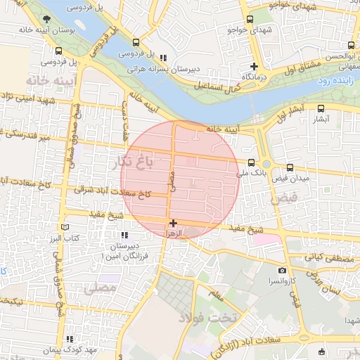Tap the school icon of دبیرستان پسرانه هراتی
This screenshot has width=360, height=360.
(x=163, y=58)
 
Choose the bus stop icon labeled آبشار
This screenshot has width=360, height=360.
(x=321, y=108)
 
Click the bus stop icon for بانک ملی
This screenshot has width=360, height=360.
(x=252, y=162)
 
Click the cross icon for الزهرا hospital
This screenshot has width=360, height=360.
(x=174, y=223)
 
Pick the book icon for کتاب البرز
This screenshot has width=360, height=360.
(x=65, y=228)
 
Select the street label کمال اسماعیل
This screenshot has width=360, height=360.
(x=218, y=86)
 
